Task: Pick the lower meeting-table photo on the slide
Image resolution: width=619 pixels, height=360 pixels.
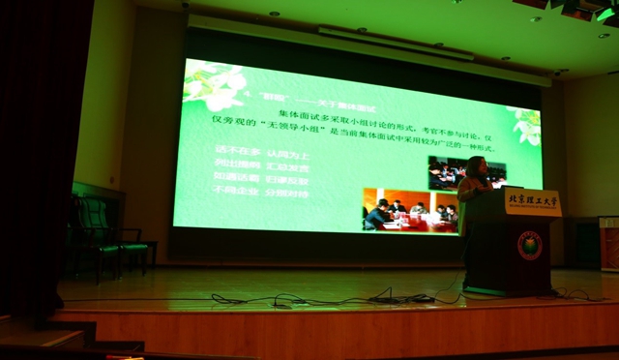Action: pos(409,210)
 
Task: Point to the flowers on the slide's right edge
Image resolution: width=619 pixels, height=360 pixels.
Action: pos(528,126)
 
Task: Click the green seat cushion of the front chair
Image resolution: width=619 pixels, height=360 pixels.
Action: pos(133,247)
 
